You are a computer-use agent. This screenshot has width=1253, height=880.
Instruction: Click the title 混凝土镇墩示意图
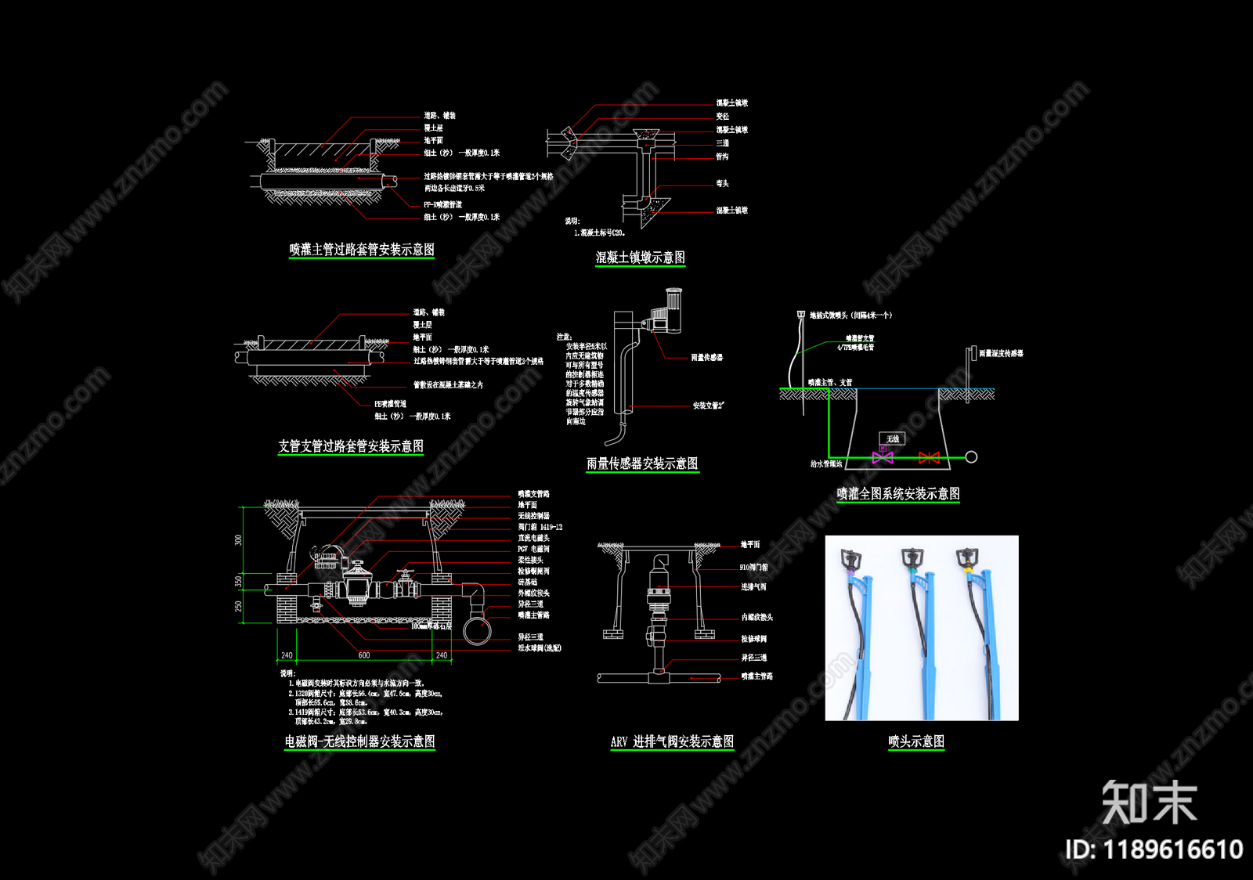tap(640, 258)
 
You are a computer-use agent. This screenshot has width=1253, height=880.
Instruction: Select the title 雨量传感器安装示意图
tap(642, 463)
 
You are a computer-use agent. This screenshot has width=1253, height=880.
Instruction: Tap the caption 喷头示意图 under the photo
tap(915, 741)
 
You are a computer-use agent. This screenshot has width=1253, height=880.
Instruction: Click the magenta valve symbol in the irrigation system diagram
tap(883, 457)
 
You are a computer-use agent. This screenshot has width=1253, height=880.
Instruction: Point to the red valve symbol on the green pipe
tap(929, 457)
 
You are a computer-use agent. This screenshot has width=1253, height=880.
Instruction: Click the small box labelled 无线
tap(893, 438)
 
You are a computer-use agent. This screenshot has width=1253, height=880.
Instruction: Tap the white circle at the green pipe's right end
tap(971, 457)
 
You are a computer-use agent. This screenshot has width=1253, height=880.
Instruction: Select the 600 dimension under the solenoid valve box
tap(364, 655)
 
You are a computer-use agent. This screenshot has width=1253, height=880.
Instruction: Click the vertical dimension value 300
tap(239, 540)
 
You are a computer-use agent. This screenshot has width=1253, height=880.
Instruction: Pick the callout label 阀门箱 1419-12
tap(540, 527)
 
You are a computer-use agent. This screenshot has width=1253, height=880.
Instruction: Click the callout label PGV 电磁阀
tap(533, 549)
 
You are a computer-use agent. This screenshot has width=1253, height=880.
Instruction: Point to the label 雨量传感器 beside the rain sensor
tap(706, 358)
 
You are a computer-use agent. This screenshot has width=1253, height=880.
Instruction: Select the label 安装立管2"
tap(708, 406)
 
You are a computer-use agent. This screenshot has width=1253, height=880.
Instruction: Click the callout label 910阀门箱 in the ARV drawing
tap(753, 567)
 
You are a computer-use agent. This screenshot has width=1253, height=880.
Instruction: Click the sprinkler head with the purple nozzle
tap(850, 560)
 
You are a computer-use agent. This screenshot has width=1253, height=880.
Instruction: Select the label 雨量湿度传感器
tap(1001, 354)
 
